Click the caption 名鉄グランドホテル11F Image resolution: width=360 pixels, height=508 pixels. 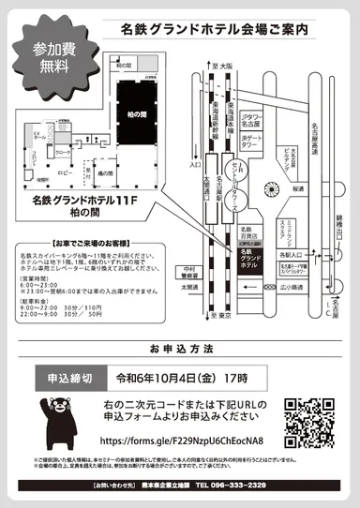click(85, 200)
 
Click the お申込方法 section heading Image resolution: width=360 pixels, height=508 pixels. click(179, 347)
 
